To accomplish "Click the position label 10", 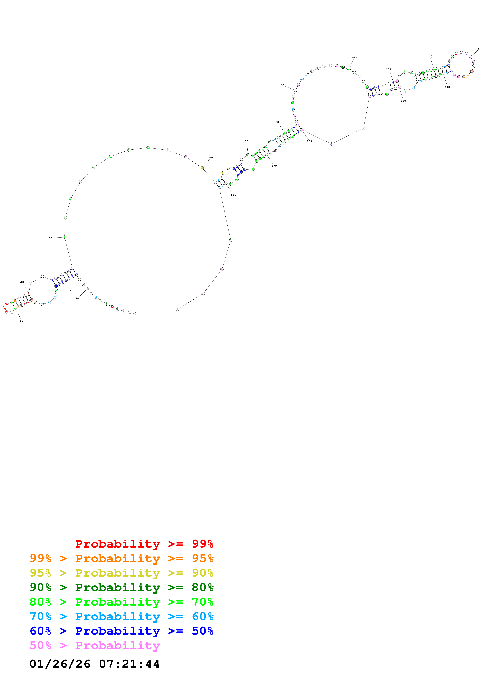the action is pos(77,299).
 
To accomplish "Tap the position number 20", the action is pos(70,290).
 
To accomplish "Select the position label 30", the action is pos(21,321).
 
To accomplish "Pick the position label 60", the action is pos(211,158).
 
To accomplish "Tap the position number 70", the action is pos(246,141).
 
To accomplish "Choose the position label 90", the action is pos(283,85).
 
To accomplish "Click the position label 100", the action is pos(355,57).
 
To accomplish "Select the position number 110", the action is pos(389,69).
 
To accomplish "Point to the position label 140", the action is pos(448,87).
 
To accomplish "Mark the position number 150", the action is pos(403,101).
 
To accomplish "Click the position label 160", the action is pos(309,141).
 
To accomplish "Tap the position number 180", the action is pos(233,195).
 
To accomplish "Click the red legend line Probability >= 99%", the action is pos(144,544).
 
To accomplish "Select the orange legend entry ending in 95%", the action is pos(122,558).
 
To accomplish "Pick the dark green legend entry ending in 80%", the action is pos(122,587).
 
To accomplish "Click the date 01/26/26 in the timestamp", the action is pos(60,664).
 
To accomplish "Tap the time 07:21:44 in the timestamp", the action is pos(129,664).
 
